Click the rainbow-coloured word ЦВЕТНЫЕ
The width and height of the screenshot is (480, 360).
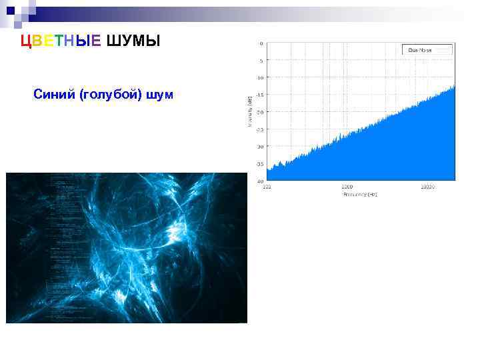pos(61,41)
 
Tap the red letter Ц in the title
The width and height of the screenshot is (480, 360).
pos(25,41)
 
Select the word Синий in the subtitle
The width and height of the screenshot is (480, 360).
pos(54,95)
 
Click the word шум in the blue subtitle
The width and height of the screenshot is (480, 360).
pos(160,95)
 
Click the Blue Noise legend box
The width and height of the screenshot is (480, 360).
pos(427,49)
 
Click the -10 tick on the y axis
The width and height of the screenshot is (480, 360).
pos(259,77)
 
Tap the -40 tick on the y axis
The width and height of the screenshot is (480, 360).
pos(259,181)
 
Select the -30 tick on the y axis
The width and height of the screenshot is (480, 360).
pos(259,146)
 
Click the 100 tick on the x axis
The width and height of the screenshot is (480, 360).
pos(267,187)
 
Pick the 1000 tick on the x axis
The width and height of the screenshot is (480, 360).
pos(347,187)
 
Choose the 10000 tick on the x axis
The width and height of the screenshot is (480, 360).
pos(427,187)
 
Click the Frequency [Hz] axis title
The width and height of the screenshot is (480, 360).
pos(360,195)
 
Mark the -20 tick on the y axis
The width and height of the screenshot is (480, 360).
pos(259,112)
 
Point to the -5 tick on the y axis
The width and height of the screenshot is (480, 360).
pos(260,61)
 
